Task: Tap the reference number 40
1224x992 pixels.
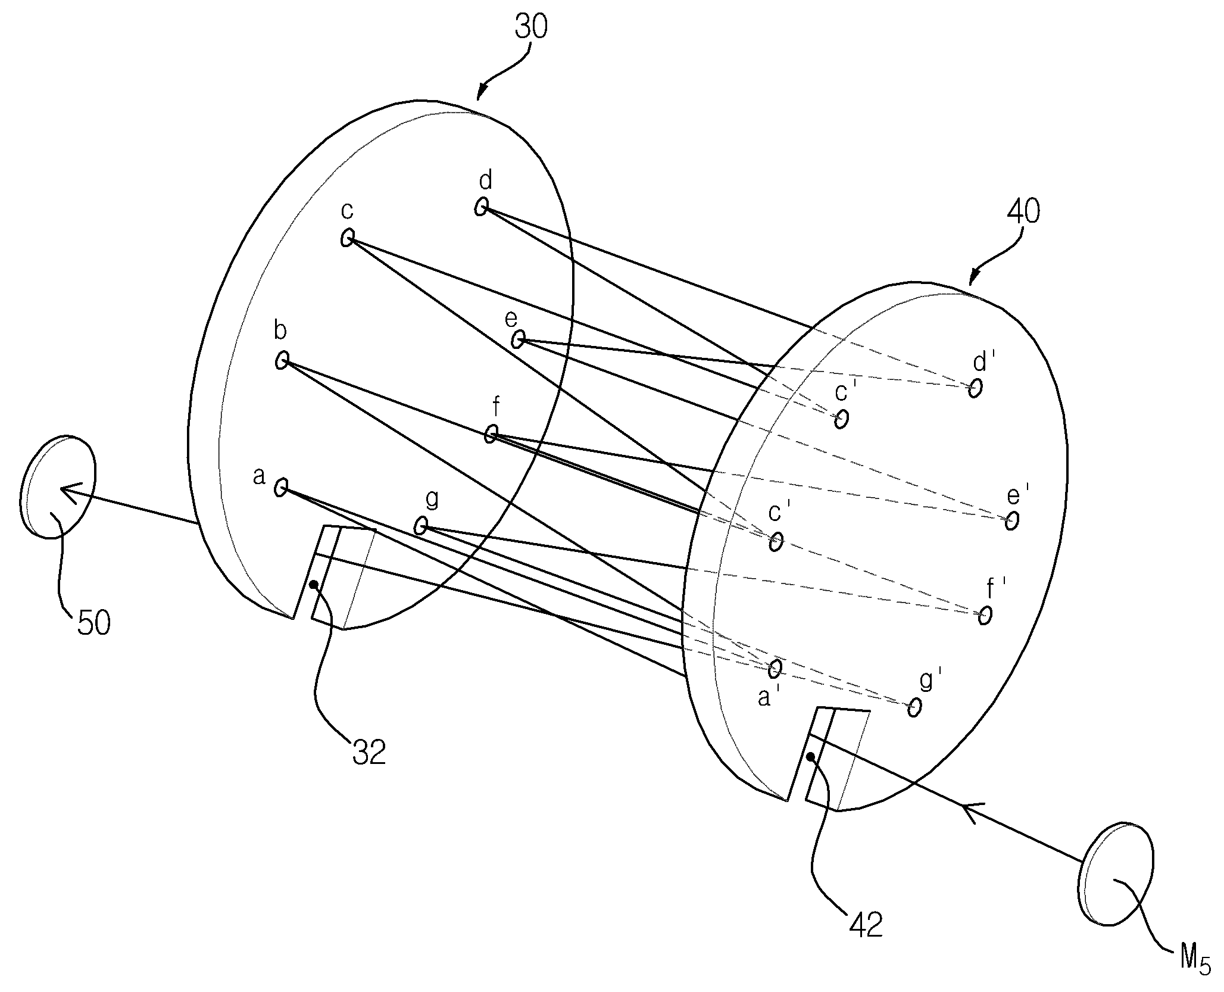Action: [x=1023, y=211]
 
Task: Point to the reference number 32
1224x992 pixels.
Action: [x=369, y=752]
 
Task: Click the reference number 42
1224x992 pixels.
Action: [x=866, y=925]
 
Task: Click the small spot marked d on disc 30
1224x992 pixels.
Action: [x=481, y=207]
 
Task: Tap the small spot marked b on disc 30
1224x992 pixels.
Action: [x=282, y=360]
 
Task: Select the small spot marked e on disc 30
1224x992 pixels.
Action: [x=517, y=340]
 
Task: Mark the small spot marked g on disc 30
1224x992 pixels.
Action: [x=420, y=526]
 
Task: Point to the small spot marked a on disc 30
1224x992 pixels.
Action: [x=280, y=488]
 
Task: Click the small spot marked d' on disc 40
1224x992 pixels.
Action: [x=975, y=388]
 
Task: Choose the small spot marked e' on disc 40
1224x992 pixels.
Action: [x=1011, y=521]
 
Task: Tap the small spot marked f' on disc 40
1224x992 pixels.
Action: [x=985, y=615]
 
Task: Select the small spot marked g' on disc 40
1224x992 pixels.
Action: [x=914, y=707]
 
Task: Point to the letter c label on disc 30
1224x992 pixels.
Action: [x=347, y=211]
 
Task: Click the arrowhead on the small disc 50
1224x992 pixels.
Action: [x=67, y=491]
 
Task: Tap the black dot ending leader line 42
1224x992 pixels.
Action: [x=810, y=757]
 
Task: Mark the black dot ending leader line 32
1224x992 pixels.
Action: [x=314, y=585]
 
